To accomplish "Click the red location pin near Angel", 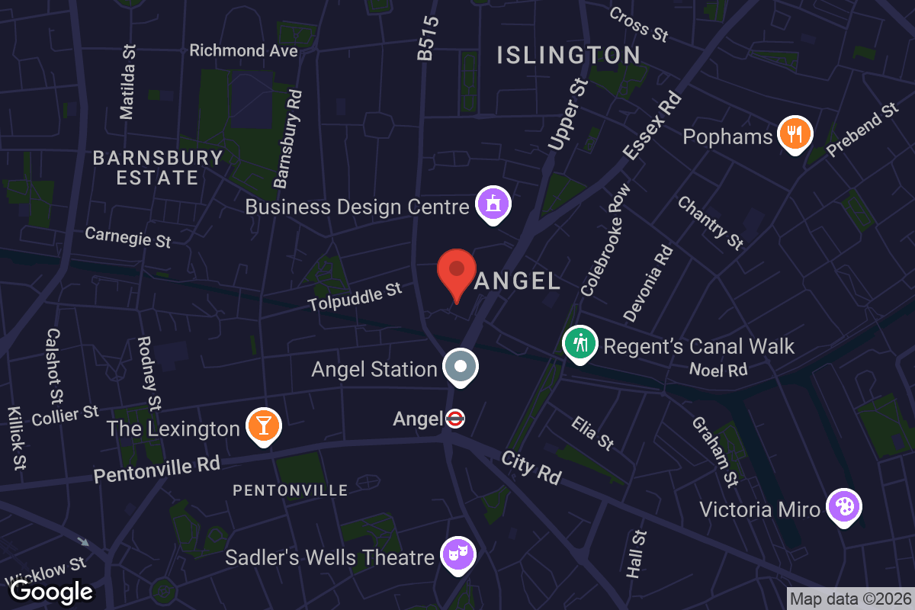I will (x=456, y=273).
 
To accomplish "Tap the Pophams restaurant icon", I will (x=795, y=135).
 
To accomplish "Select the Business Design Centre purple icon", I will (x=493, y=204).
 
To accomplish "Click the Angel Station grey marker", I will (x=461, y=367).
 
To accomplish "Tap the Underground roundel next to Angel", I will (x=455, y=419).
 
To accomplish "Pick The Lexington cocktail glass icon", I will (x=264, y=426).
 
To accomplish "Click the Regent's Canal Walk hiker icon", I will (x=579, y=344).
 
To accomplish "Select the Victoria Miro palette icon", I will (x=844, y=506).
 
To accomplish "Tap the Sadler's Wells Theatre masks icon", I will (x=458, y=554).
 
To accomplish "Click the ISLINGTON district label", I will (x=568, y=55).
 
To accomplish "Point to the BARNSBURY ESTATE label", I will (x=158, y=168).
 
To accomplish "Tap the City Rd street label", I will (x=531, y=467).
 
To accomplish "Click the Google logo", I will (x=51, y=590).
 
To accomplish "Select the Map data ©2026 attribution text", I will (x=849, y=599).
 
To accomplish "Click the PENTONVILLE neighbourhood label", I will (x=290, y=490).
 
